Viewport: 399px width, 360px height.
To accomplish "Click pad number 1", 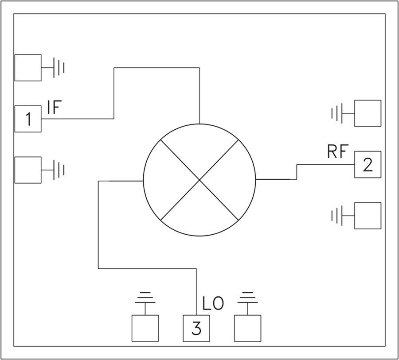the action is (28, 119).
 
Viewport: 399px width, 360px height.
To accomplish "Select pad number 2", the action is (368, 164).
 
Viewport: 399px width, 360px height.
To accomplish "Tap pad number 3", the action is (196, 329).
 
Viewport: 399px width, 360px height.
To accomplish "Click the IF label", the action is (55, 107).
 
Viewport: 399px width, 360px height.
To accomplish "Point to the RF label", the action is (337, 151).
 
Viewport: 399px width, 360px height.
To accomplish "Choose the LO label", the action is (213, 303).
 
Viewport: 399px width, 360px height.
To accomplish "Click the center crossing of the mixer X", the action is (200, 180).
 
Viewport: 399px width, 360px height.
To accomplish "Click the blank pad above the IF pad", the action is (28, 68).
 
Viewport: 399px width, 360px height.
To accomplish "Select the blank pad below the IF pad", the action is (28, 170).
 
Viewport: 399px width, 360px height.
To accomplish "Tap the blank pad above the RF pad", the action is (368, 113).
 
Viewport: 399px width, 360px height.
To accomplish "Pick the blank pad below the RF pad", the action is (368, 216).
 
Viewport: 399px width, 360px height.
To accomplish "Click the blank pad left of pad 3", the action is (145, 329).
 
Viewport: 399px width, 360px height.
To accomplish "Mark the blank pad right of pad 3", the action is (247, 329).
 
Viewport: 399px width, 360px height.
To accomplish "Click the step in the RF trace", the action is (297, 172).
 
